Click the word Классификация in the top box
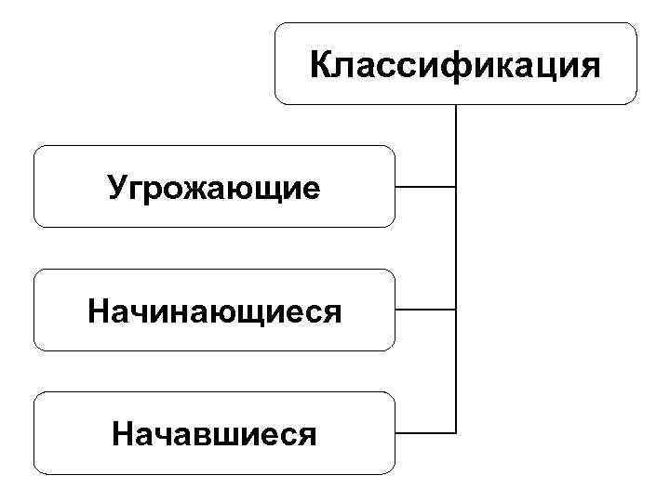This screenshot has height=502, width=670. (x=456, y=65)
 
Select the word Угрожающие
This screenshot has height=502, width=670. (x=214, y=188)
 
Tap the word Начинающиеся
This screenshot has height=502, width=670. (x=214, y=310)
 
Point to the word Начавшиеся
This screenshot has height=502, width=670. (x=214, y=433)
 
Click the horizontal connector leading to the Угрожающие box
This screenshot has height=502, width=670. (x=425, y=187)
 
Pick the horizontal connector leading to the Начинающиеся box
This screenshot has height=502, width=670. (x=425, y=310)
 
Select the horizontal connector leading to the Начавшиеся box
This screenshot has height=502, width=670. (x=425, y=432)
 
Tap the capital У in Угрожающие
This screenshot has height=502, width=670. (x=117, y=188)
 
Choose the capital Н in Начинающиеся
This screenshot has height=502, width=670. (x=99, y=310)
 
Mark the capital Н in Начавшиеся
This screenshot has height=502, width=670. (x=121, y=433)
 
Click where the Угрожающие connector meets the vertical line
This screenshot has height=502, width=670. (x=456, y=187)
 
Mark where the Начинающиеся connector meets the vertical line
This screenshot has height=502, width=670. (x=456, y=310)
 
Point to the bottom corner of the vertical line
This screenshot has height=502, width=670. (x=456, y=432)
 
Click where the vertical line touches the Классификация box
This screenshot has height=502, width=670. (x=456, y=103)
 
